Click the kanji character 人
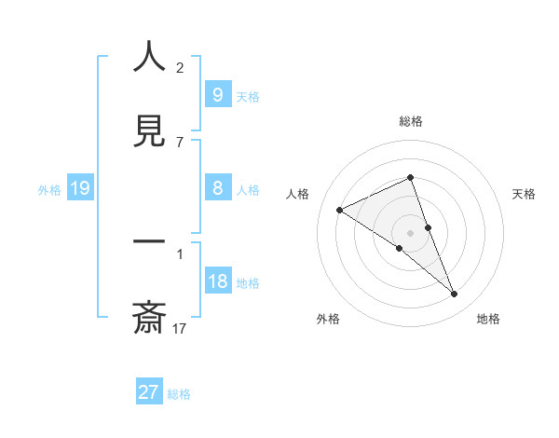[149, 58]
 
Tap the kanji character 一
[149, 244]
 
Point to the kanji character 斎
[149, 318]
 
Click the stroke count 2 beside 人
[180, 68]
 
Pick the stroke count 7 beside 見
[180, 142]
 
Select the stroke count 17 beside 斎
[180, 328]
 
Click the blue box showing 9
[217, 95]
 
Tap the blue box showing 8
[217, 188]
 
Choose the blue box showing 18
[217, 281]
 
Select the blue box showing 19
[79, 189]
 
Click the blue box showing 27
[148, 392]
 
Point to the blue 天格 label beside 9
[247, 96]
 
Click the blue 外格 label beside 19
[49, 190]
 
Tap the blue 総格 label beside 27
[179, 394]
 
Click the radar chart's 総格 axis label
[410, 121]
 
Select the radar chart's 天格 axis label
[525, 194]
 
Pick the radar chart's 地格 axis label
[488, 319]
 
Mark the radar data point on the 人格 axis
[339, 211]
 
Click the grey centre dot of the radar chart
[410, 233]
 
